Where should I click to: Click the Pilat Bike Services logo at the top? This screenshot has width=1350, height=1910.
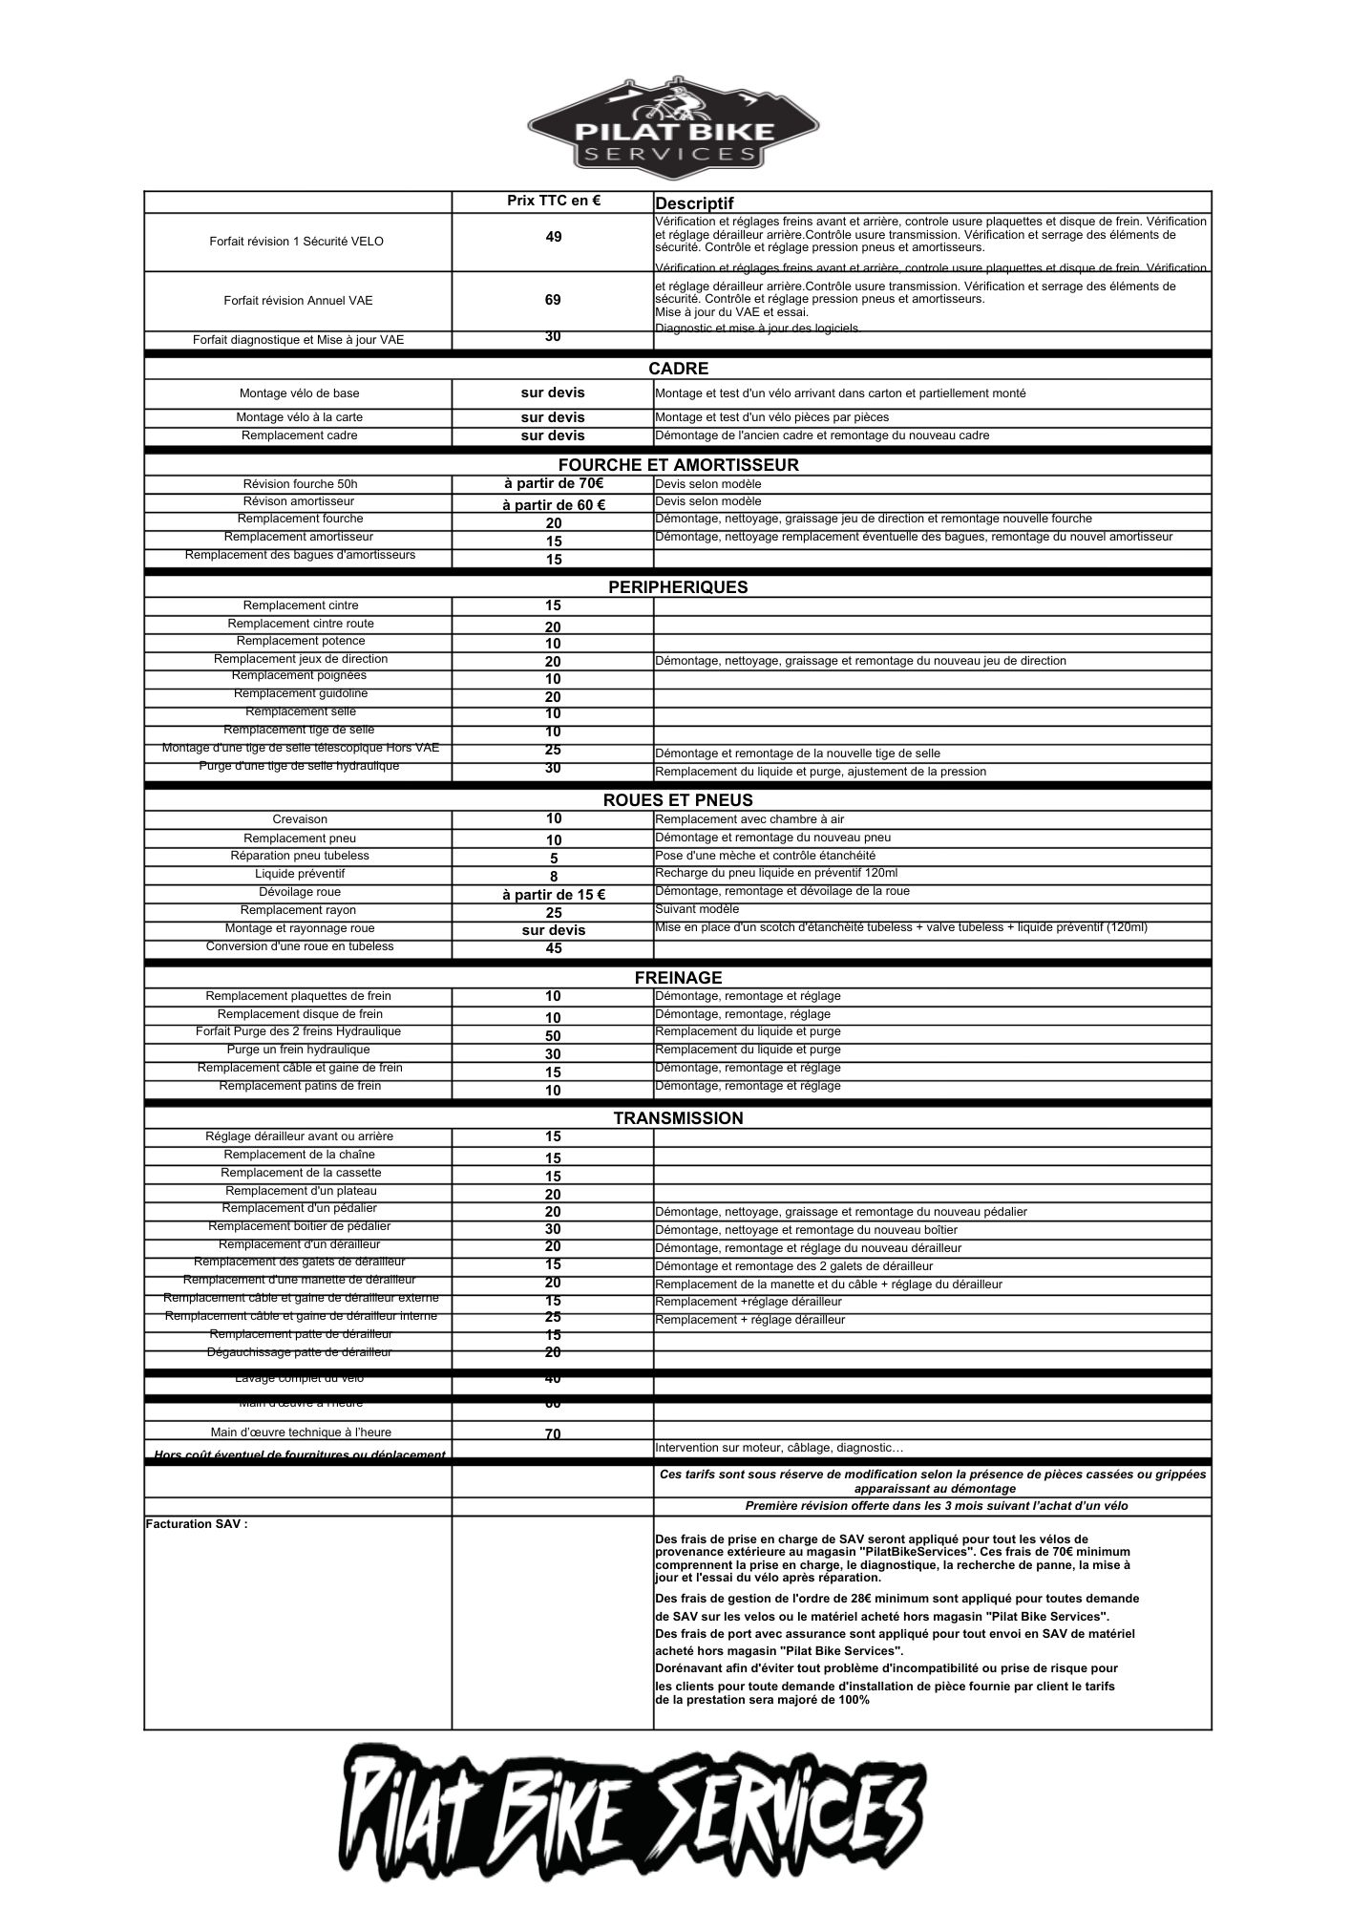[x=675, y=126]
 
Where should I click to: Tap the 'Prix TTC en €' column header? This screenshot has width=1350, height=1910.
[x=554, y=201]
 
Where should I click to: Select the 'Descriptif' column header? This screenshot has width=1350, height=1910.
[x=694, y=203]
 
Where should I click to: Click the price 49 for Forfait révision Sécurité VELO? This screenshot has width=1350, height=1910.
[x=554, y=237]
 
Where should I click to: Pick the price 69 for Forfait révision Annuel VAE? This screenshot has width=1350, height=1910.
[x=553, y=300]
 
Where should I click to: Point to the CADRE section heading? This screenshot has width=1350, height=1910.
[x=678, y=369]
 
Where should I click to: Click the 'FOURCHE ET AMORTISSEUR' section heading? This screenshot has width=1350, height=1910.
[x=678, y=465]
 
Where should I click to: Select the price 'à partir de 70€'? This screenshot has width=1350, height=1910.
[x=554, y=483]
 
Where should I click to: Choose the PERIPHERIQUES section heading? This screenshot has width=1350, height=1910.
[x=678, y=587]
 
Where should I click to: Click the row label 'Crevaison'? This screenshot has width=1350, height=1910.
[x=300, y=819]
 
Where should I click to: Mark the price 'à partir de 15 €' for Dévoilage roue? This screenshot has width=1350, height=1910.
[x=554, y=895]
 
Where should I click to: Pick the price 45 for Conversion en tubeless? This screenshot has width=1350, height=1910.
[x=554, y=948]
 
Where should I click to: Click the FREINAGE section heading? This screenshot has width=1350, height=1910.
[x=678, y=978]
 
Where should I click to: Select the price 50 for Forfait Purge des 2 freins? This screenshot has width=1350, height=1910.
[x=554, y=1036]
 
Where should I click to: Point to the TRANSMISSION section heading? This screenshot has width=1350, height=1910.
[x=678, y=1118]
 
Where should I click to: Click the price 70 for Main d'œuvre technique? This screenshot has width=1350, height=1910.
[x=554, y=1434]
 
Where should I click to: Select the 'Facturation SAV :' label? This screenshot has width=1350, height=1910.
[x=197, y=1524]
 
